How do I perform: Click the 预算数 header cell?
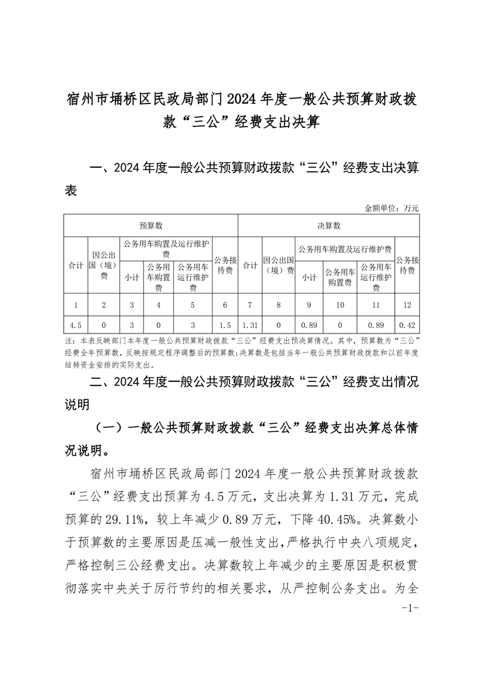click(x=151, y=226)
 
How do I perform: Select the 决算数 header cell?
click(x=329, y=226)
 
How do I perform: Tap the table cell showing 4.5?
click(x=76, y=324)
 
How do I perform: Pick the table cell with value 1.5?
click(x=225, y=324)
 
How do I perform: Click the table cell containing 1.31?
click(x=250, y=324)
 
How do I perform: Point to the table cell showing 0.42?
click(x=407, y=324)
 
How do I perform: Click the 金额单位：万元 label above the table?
click(x=392, y=208)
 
